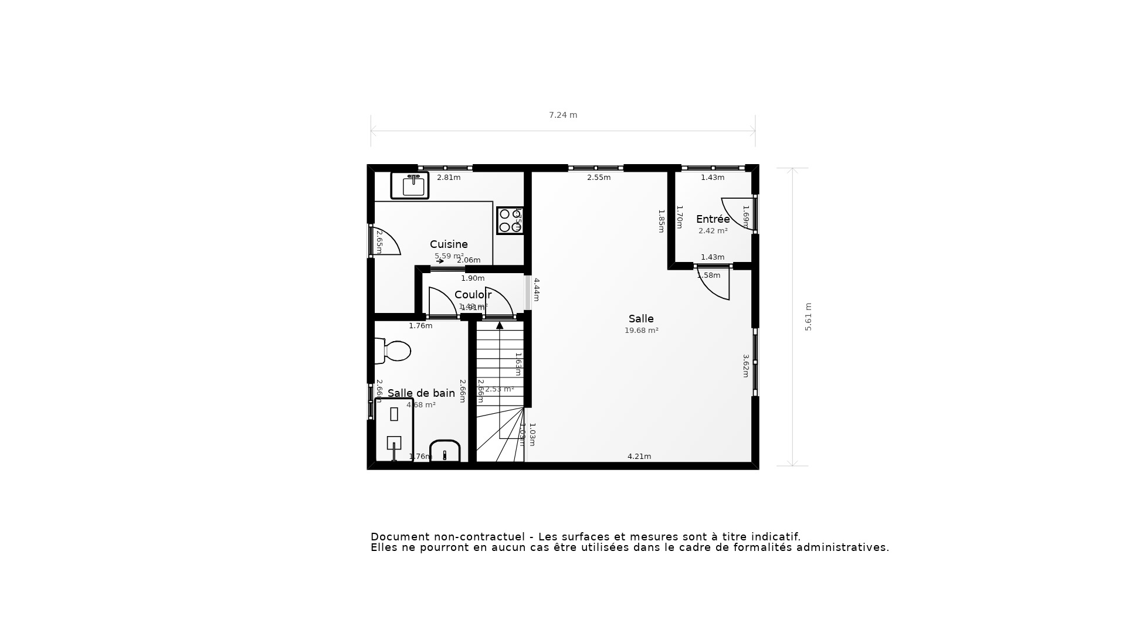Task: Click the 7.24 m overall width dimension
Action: point(563,115)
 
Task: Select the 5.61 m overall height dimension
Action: point(808,317)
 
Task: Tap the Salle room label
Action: point(641,319)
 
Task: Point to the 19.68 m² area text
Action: point(641,331)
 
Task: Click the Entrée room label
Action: point(713,219)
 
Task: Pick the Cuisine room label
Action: point(449,244)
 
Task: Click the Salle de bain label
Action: point(421,393)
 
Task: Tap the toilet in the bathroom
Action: point(394,351)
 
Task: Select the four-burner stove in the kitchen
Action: point(510,220)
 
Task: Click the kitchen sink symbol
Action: point(410,185)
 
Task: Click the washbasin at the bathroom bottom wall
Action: point(445,452)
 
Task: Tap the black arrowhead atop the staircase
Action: point(500,325)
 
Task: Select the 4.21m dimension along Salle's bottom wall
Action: point(639,457)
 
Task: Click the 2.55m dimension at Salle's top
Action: point(599,178)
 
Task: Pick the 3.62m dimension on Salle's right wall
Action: point(746,366)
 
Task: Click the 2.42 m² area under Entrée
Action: point(713,231)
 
